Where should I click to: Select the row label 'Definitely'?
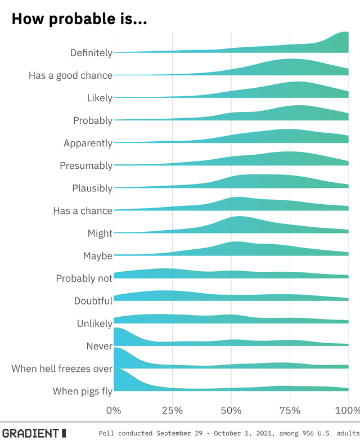point(91,53)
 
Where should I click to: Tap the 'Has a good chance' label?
point(70,75)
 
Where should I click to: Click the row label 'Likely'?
point(100,98)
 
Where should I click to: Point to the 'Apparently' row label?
point(88,143)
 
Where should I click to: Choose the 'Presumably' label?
point(86,165)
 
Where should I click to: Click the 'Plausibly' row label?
point(92,188)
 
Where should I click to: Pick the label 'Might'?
point(100,233)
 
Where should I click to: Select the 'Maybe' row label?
point(98,255)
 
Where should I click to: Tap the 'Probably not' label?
point(84,278)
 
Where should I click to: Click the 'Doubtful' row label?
point(93,300)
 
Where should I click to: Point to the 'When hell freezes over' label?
point(62,369)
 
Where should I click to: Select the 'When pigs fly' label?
point(83,391)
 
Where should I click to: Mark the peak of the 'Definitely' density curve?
point(344,33)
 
